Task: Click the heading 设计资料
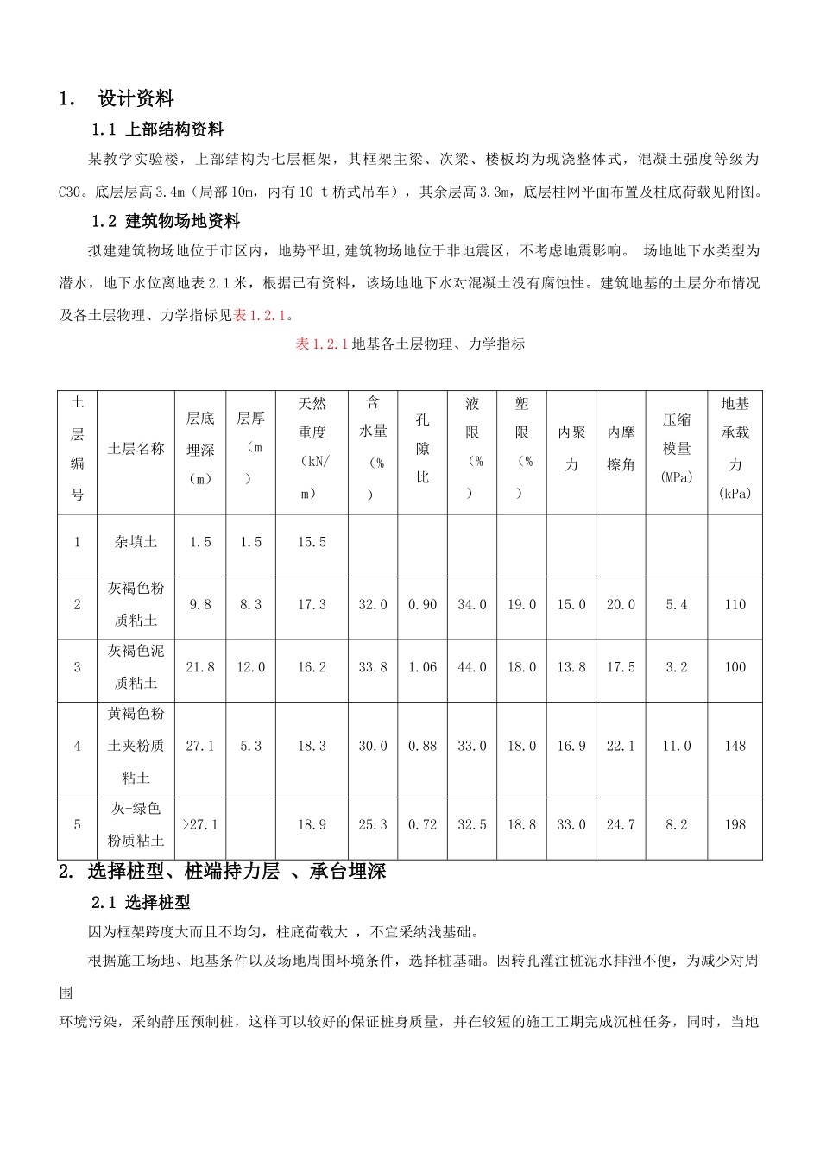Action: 136,99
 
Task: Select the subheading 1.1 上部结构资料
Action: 157,129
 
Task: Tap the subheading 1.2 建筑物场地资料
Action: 166,221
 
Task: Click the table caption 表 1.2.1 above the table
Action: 321,344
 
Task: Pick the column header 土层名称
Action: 136,449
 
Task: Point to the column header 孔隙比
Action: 422,449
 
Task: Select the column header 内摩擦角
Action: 621,449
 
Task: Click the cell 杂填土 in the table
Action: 136,542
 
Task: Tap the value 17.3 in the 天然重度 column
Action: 312,605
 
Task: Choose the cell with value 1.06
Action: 422,667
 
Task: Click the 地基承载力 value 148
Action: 735,746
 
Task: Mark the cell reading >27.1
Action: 200,825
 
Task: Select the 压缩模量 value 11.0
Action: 677,746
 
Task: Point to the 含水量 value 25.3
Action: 373,825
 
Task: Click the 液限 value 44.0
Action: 472,667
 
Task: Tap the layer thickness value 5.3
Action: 250,746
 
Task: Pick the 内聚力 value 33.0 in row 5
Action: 571,825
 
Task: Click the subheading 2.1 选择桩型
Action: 141,903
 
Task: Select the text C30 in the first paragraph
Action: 69,191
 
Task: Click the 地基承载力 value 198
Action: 735,825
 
